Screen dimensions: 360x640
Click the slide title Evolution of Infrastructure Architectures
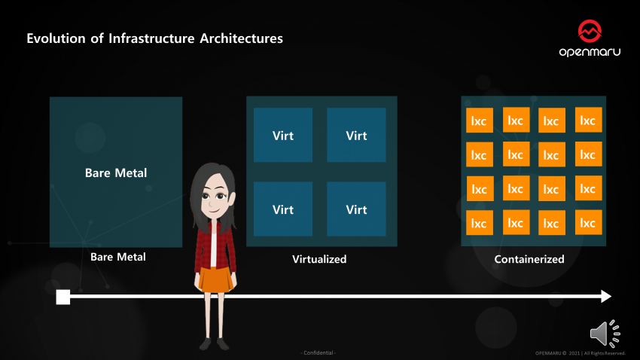pos(155,38)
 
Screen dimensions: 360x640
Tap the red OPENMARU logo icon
pos(590,32)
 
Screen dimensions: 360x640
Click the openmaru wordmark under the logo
pos(590,53)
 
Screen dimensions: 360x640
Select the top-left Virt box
pos(282,136)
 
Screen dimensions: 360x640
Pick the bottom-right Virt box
pos(356,209)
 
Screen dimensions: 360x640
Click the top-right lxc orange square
pos(588,120)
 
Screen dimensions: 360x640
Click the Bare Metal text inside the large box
pos(116,172)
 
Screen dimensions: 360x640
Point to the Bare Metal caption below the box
pos(118,257)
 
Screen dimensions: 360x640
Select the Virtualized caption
pos(319,259)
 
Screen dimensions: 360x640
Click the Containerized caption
pos(529,259)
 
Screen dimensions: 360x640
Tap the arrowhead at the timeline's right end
pos(605,297)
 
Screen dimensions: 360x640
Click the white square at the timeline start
pos(63,297)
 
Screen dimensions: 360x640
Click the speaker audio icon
pos(604,333)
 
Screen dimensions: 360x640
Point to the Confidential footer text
pos(319,352)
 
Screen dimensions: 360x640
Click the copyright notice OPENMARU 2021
pos(580,352)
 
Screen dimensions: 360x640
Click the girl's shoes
pos(214,343)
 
